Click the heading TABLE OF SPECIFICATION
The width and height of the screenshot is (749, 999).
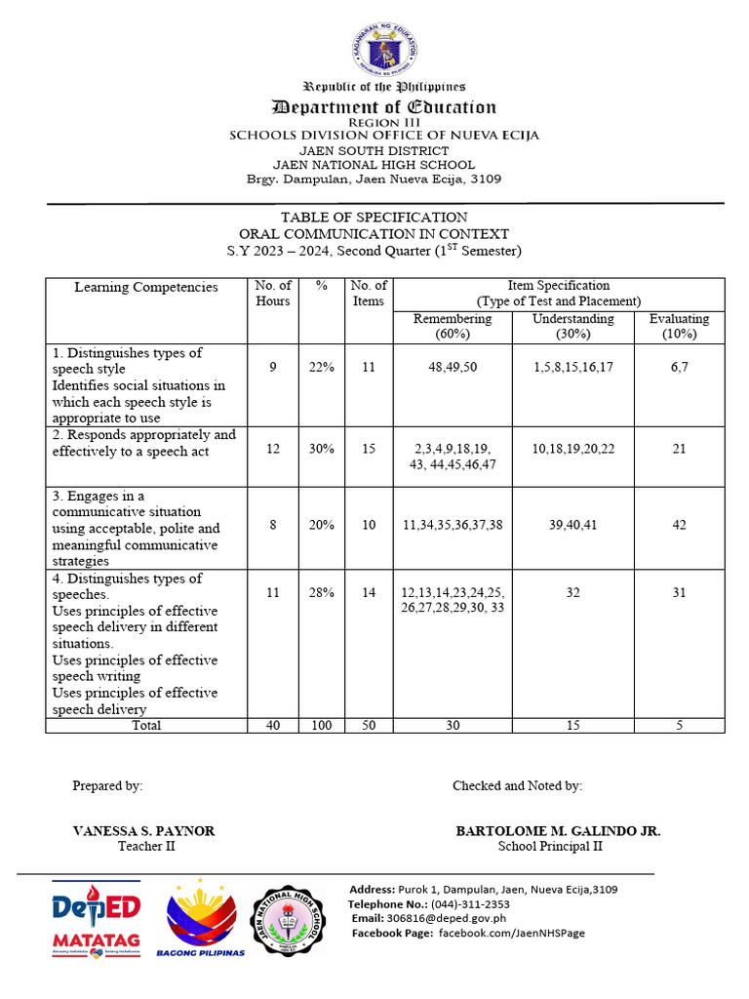[374, 217]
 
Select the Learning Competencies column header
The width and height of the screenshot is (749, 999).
[146, 287]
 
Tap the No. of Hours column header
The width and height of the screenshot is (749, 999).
[272, 294]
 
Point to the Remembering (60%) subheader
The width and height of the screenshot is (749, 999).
[453, 326]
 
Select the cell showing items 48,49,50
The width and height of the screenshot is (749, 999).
[453, 367]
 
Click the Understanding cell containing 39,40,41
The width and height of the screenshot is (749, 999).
[572, 524]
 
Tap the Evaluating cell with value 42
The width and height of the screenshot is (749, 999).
[679, 524]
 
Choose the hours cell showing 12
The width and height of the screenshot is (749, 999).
[272, 449]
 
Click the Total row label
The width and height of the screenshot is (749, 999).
[146, 725]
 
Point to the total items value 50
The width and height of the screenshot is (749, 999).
[369, 725]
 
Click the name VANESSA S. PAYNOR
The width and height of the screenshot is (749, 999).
[144, 830]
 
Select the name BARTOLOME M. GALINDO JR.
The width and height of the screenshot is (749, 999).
[558, 830]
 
